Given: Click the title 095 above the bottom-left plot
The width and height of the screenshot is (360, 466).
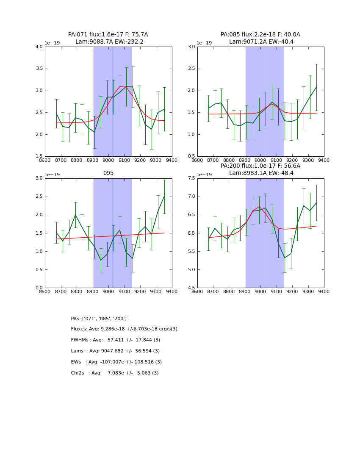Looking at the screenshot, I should pyautogui.click(x=108, y=173).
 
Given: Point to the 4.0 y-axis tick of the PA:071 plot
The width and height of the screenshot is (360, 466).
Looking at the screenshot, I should pyautogui.click(x=39, y=47).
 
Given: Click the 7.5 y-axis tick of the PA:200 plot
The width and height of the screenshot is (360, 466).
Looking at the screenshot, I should pyautogui.click(x=191, y=178).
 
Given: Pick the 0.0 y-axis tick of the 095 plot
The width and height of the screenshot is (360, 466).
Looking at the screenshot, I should pyautogui.click(x=39, y=288).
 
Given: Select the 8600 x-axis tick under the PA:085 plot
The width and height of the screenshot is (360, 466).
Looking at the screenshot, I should pyautogui.click(x=197, y=160).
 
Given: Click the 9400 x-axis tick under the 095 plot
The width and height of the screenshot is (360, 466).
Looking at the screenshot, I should pyautogui.click(x=172, y=291).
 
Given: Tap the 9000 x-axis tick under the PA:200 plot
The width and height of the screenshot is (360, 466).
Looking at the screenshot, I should pyautogui.click(x=261, y=291).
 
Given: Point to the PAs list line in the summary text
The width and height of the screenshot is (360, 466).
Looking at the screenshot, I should pyautogui.click(x=99, y=319).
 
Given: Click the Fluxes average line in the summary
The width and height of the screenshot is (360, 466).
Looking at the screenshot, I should pyautogui.click(x=124, y=329).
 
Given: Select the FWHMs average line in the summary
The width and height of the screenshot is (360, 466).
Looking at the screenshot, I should pyautogui.click(x=116, y=340).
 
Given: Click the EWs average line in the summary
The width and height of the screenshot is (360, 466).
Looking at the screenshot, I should pyautogui.click(x=116, y=362).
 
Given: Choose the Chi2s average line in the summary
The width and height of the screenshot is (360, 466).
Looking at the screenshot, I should pyautogui.click(x=115, y=373).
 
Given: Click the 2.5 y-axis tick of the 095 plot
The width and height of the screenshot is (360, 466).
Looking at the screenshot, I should pyautogui.click(x=39, y=197).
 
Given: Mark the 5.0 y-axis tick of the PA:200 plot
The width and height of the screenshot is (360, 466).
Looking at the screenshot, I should pyautogui.click(x=191, y=270).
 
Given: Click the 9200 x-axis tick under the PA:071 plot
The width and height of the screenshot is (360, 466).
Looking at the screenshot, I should pyautogui.click(x=140, y=160).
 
